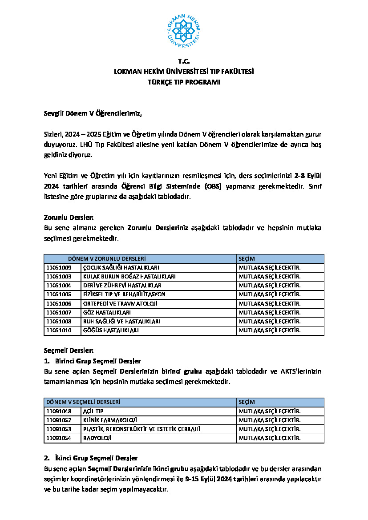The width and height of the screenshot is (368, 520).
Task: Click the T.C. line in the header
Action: pos(184,61)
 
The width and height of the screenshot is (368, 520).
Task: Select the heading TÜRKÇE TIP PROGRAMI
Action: pos(184,82)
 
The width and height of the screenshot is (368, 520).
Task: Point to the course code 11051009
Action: pos(59,268)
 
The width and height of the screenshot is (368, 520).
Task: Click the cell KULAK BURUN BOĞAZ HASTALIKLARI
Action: pos(129,277)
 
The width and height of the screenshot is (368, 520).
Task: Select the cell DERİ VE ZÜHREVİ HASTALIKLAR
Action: pos(122,286)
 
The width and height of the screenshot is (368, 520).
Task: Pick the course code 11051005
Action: pos(59,294)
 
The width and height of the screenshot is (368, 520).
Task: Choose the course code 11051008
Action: pos(59,321)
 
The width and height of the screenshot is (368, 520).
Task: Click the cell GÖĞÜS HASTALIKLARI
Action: pos(111,331)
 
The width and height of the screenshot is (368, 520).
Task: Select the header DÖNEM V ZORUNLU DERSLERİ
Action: pos(107,258)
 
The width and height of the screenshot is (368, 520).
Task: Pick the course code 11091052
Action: pos(59,420)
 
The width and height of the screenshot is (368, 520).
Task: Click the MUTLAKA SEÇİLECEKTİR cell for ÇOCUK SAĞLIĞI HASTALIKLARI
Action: pos(270,268)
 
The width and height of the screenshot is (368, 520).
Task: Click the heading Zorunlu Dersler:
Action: pos(69,218)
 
